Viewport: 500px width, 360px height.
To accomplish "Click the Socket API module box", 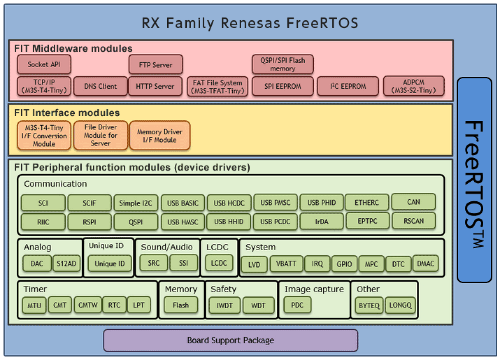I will click(44, 64).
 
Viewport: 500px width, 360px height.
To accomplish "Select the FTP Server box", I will click(156, 64).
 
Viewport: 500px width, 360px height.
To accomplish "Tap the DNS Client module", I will click(100, 86).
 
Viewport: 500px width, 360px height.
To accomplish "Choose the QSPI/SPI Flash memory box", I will click(283, 64).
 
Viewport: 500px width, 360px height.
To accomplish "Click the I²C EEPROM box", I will click(348, 86).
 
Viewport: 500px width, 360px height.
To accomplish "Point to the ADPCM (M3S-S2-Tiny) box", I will click(414, 86).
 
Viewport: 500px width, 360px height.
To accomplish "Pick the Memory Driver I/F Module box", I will click(160, 136).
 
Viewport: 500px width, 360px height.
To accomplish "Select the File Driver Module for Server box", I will click(101, 135).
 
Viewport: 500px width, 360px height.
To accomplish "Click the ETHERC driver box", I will click(367, 202).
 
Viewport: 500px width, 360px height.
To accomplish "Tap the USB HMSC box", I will click(183, 222).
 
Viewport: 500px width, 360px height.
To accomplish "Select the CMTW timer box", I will click(88, 306).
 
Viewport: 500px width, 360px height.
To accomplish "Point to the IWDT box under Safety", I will click(225, 306).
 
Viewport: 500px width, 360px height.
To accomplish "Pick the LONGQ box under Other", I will click(400, 306).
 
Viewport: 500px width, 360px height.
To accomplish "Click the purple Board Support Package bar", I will click(230, 341).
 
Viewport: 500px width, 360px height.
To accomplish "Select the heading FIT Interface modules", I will click(67, 113).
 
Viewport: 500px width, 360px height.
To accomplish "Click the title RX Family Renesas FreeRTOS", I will click(250, 23).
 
